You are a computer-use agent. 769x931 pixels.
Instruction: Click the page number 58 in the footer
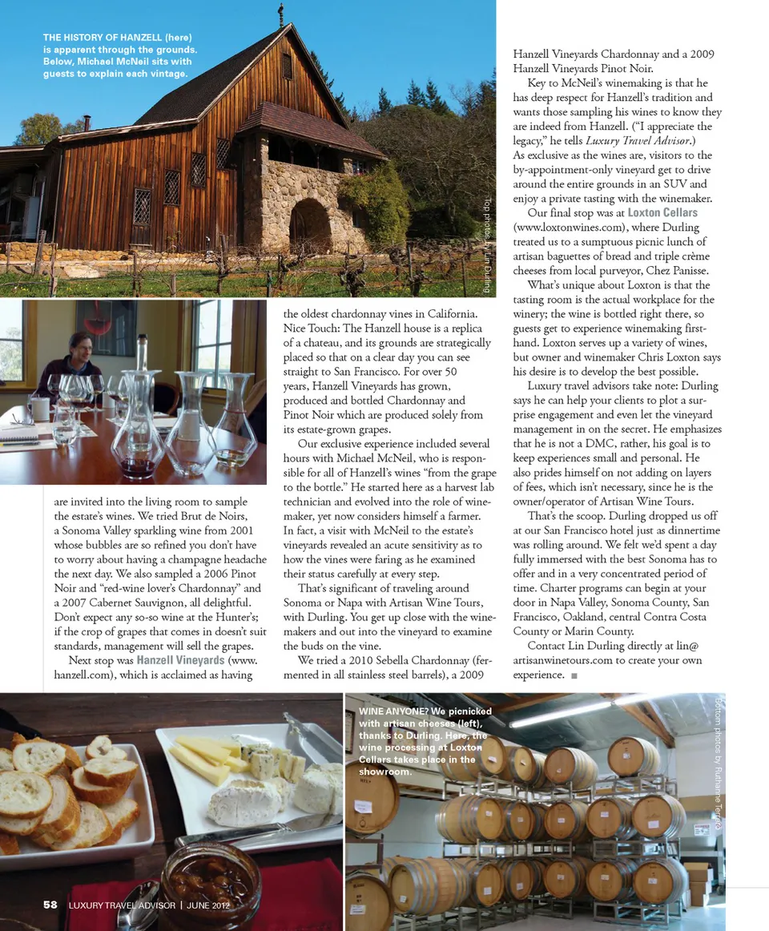tap(50, 905)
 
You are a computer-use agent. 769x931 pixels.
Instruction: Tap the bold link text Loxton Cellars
tap(662, 212)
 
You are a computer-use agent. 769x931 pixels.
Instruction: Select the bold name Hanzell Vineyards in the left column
tap(180, 660)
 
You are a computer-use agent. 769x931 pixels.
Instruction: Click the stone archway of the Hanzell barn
tap(309, 225)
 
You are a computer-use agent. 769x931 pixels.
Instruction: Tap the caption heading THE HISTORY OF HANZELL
tap(103, 37)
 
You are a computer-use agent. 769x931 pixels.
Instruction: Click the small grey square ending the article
tap(574, 675)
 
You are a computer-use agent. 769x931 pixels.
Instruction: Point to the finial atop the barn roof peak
tap(280, 14)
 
